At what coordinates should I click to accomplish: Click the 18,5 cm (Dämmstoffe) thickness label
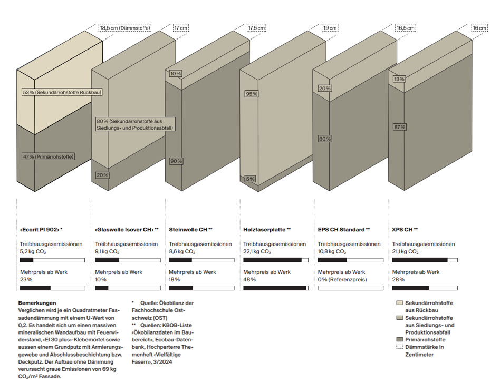[124, 28]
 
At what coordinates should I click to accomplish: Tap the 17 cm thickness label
[181, 28]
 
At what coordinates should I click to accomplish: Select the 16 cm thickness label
[479, 28]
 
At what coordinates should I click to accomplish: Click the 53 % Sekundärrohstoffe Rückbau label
[62, 92]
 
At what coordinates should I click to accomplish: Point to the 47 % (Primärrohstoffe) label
[49, 156]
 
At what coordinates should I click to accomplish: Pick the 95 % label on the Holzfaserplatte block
[251, 94]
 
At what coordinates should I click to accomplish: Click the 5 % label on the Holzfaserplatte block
[251, 179]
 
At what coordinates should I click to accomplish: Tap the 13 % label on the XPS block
[399, 79]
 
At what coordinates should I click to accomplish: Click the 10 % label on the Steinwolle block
[176, 74]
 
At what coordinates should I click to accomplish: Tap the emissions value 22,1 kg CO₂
[257, 252]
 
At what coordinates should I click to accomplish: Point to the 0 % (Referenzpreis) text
[342, 279]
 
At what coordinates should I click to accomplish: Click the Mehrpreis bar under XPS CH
[425, 288]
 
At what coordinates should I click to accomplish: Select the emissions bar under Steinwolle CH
[201, 260]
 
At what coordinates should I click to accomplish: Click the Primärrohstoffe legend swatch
[400, 340]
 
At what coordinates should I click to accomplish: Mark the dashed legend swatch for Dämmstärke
[400, 347]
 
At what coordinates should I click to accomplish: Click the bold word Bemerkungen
[37, 303]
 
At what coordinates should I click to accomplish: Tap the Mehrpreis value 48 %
[249, 279]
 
